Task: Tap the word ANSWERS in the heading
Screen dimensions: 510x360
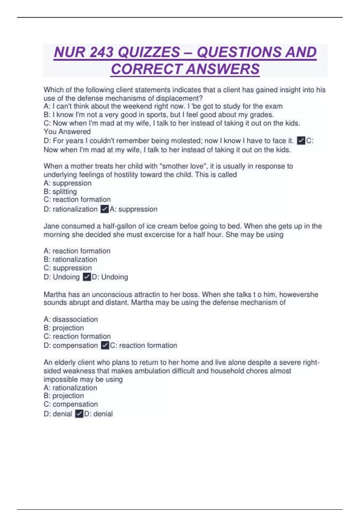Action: pyautogui.click(x=223, y=69)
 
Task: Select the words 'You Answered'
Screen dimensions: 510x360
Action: pyautogui.click(x=67, y=132)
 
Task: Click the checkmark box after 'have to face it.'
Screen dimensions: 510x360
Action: pyautogui.click(x=301, y=141)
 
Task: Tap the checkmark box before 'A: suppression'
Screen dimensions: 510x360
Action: pyautogui.click(x=104, y=209)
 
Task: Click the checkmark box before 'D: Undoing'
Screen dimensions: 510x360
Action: pyautogui.click(x=87, y=277)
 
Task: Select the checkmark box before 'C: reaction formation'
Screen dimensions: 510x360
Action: pyautogui.click(x=105, y=345)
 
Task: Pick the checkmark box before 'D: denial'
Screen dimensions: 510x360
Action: pyautogui.click(x=79, y=414)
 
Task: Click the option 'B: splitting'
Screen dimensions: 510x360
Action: pyautogui.click(x=60, y=191)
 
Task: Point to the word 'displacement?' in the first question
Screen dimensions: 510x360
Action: pyautogui.click(x=179, y=98)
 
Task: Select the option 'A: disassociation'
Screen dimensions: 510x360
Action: pyautogui.click(x=70, y=319)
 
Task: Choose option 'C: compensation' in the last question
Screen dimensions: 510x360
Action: pyautogui.click(x=70, y=404)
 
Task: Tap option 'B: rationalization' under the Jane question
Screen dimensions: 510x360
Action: pyautogui.click(x=70, y=259)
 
